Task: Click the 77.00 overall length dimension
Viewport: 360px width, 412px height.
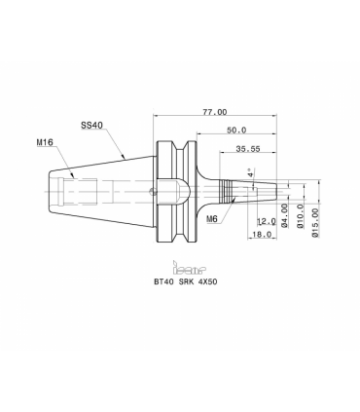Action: coord(215,112)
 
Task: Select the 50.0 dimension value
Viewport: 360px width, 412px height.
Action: coord(236,131)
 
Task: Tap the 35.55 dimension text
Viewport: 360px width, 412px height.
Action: coord(248,149)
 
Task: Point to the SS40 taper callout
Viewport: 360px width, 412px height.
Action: coord(91,125)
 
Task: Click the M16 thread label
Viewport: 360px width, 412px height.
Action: coord(45,142)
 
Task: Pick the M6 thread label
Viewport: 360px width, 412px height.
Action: coord(212,219)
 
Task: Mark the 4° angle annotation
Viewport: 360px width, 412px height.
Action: coord(250,172)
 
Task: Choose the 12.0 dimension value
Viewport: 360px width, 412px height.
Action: coord(267,222)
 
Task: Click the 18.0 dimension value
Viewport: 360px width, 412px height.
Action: coord(262,234)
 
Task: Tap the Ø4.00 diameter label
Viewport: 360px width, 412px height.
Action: coord(284,216)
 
